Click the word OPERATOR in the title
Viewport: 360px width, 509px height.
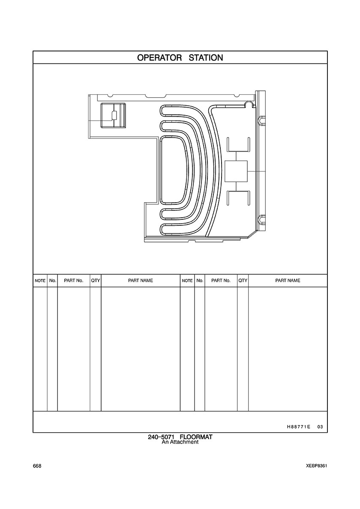[x=159, y=58]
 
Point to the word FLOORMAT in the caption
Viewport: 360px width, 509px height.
[x=196, y=437]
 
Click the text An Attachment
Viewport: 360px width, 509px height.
[x=180, y=442]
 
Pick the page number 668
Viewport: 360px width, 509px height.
[x=37, y=466]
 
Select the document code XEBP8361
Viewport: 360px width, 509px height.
[x=316, y=466]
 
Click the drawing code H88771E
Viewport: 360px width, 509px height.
[x=297, y=427]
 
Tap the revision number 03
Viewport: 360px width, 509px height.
[x=320, y=427]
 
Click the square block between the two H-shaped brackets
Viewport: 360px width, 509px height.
[x=236, y=171]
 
